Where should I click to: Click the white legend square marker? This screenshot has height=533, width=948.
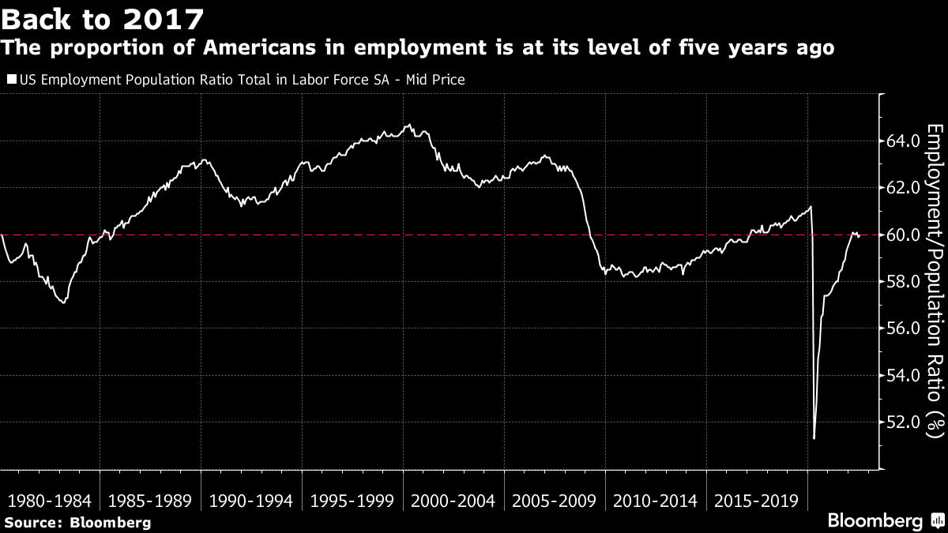coord(10,80)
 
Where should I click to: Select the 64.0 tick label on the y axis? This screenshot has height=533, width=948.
coord(901,141)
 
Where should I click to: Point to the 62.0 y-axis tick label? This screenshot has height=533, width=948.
coord(901,188)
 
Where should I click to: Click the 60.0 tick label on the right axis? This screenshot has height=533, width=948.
coord(901,235)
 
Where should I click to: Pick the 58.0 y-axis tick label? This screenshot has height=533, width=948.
coord(901,282)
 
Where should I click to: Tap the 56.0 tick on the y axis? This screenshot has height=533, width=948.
coord(901,328)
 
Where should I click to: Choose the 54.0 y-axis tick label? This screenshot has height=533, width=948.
coord(901,375)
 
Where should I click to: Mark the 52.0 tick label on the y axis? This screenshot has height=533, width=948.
coord(901,422)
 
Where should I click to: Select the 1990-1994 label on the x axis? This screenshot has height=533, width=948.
coord(251,501)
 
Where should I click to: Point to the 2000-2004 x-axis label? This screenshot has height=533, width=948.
coord(453,501)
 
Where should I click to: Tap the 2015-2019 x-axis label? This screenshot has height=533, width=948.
coord(758,501)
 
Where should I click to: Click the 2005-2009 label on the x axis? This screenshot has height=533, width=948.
coord(555,501)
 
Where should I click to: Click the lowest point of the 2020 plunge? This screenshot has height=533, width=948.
coord(814,437)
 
